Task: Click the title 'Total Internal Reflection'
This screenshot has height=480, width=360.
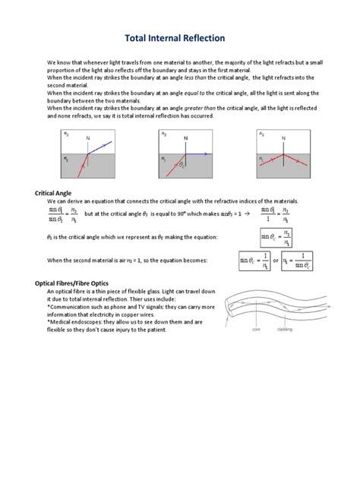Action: (x=180, y=36)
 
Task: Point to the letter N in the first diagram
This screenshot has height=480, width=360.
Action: (x=88, y=137)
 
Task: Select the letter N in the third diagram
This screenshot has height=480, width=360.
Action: (x=283, y=137)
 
